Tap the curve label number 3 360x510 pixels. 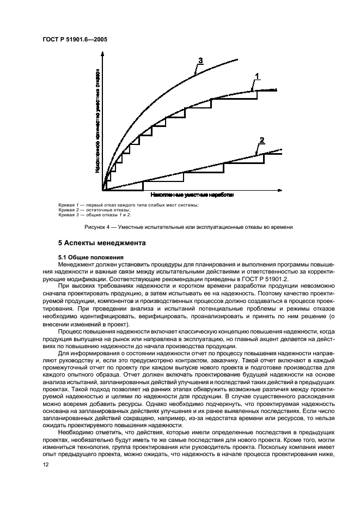[x=200, y=60]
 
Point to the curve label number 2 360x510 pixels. [x=261, y=141]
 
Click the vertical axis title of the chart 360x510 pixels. [x=97, y=120]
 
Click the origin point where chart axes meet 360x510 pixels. [x=103, y=190]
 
